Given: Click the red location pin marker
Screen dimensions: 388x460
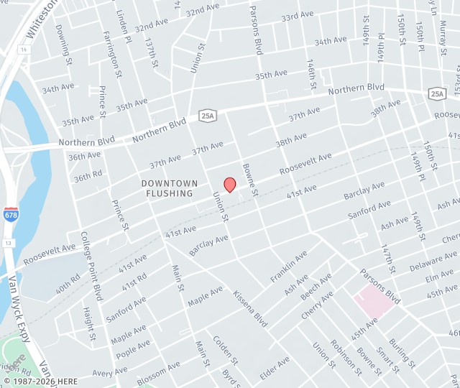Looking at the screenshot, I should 230,185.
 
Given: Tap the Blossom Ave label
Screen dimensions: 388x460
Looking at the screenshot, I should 158,374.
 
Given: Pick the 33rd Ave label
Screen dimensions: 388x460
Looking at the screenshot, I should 298,16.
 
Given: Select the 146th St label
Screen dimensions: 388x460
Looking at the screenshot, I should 311,75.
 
